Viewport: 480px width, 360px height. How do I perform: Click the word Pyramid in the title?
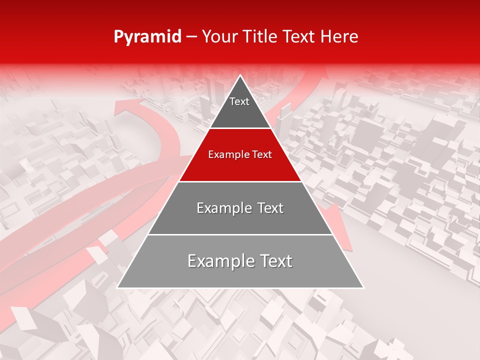tap(147, 37)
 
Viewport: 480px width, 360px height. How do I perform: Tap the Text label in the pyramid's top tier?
tap(239, 101)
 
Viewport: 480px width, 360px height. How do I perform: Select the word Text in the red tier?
tap(261, 155)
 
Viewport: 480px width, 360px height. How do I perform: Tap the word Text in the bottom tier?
tap(276, 261)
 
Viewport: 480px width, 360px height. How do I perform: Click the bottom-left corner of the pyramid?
tap(117, 287)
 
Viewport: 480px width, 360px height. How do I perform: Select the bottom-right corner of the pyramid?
tap(363, 287)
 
